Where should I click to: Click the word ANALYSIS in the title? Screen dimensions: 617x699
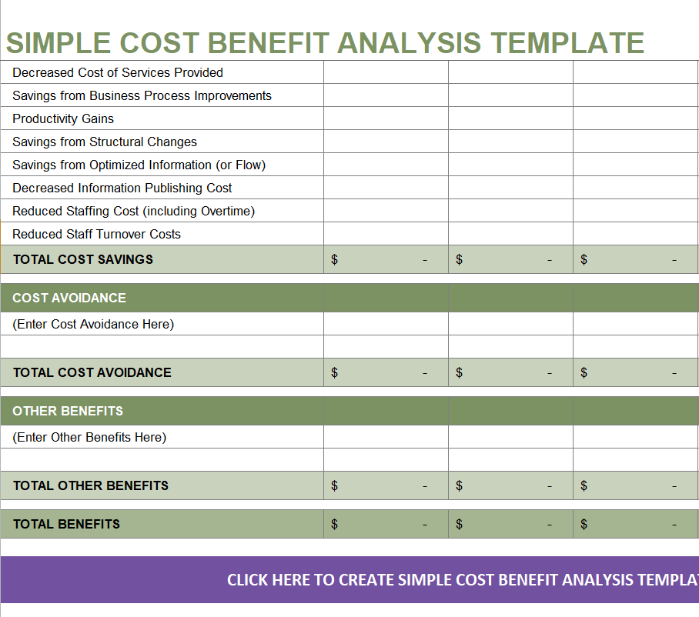(x=409, y=42)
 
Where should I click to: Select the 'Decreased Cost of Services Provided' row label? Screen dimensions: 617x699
(x=118, y=72)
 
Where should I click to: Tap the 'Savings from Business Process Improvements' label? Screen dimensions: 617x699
(x=142, y=95)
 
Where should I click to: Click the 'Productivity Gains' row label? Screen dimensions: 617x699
(x=63, y=118)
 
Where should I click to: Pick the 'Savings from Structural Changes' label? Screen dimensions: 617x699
(x=105, y=142)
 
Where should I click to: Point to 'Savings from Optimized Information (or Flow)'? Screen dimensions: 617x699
(x=139, y=165)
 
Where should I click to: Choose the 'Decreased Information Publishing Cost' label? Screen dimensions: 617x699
(x=122, y=188)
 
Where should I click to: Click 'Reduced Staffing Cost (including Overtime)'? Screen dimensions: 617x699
(x=133, y=211)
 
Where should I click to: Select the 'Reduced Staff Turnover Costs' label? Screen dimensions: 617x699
(x=97, y=234)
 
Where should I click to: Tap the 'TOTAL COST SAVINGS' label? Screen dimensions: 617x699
(x=83, y=259)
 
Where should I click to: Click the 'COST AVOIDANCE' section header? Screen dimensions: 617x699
(x=69, y=298)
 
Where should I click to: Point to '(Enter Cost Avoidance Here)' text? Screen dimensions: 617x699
(x=93, y=324)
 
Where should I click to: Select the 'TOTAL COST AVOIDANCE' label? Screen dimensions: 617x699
(x=92, y=372)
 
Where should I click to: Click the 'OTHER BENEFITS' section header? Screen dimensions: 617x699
(x=68, y=411)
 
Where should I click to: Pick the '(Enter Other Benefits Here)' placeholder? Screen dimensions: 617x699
(x=89, y=437)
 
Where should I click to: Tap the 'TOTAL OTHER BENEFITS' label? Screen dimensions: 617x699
(x=91, y=485)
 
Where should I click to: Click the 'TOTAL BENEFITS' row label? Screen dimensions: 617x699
(x=67, y=524)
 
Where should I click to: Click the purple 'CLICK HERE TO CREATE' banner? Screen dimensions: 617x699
(x=462, y=579)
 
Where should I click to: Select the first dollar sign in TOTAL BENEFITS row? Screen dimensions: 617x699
(x=334, y=524)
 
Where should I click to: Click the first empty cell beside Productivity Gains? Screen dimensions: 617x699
(x=386, y=118)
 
